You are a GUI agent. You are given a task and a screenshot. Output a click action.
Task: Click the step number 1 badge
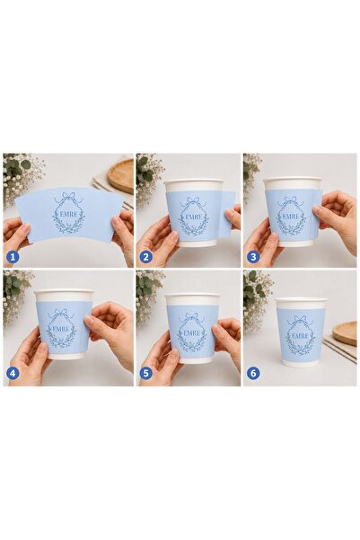click(13, 257)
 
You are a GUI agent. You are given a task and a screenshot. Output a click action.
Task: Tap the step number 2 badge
click(146, 257)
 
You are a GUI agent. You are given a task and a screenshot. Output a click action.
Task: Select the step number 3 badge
click(253, 257)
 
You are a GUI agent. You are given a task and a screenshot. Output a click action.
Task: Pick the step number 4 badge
click(13, 373)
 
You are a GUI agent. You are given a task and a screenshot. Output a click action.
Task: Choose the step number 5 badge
click(146, 373)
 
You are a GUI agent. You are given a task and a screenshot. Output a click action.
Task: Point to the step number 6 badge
click(253, 373)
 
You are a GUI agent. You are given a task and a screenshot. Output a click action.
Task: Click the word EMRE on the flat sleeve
click(69, 214)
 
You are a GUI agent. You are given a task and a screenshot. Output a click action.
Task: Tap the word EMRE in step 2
click(192, 217)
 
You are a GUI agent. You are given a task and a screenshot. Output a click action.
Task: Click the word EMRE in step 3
click(291, 217)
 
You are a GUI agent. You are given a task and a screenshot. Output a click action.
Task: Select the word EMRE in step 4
click(61, 329)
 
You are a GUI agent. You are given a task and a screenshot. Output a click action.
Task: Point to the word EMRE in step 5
click(192, 333)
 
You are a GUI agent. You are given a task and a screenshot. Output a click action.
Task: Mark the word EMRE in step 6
click(300, 336)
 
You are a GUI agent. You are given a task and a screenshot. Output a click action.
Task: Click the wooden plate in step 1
click(120, 176)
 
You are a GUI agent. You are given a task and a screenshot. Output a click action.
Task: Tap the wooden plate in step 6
click(345, 333)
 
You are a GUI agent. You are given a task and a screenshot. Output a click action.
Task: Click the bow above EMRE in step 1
click(69, 199)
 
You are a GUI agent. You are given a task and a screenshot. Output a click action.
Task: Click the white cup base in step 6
click(300, 363)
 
